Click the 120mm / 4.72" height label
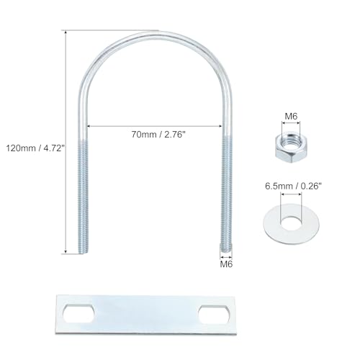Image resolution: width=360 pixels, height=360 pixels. [x=36, y=148]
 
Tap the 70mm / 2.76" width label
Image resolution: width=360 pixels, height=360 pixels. [x=158, y=135]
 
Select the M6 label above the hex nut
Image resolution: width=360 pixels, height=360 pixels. [x=291, y=117]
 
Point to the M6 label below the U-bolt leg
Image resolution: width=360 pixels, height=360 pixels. [x=226, y=264]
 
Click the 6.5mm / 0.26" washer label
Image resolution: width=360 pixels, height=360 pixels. [x=293, y=186]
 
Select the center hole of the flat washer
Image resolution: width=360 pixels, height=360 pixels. [x=291, y=222]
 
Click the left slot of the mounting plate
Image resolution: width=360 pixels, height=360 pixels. [x=78, y=313]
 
